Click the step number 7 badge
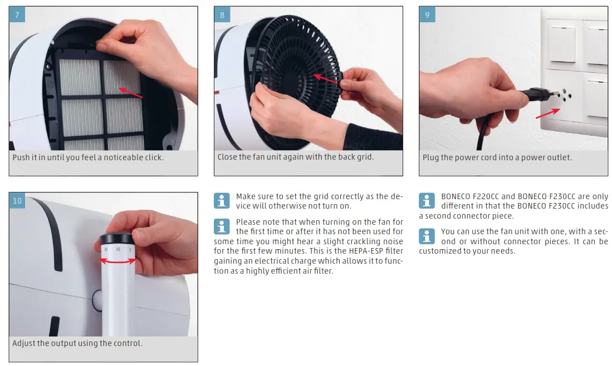click(17, 14)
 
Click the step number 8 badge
click(222, 14)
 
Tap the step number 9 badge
click(427, 14)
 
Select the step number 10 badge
click(17, 200)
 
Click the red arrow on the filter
click(131, 93)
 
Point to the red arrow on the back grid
click(326, 78)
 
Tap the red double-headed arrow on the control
click(117, 261)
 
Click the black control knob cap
click(117, 239)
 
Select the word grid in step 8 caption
click(365, 157)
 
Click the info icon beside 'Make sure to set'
click(222, 201)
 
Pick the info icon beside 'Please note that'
click(222, 226)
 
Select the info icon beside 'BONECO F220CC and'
click(427, 201)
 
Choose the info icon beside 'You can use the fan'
click(427, 236)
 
